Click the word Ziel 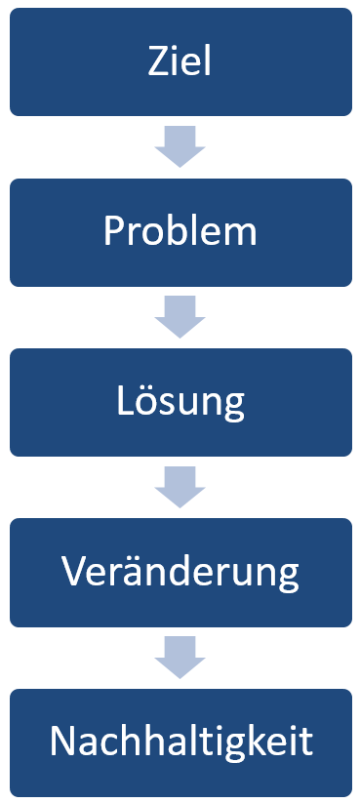tap(180, 62)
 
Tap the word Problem tap(180, 232)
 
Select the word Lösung tap(180, 402)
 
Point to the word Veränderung tap(180, 572)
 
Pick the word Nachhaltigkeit tap(180, 743)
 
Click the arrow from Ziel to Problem tap(180, 146)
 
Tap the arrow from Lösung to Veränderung tap(180, 487)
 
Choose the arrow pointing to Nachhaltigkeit tap(180, 657)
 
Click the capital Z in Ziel tap(159, 62)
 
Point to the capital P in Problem tap(113, 232)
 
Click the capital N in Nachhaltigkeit tap(62, 743)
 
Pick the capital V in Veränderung tap(73, 572)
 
